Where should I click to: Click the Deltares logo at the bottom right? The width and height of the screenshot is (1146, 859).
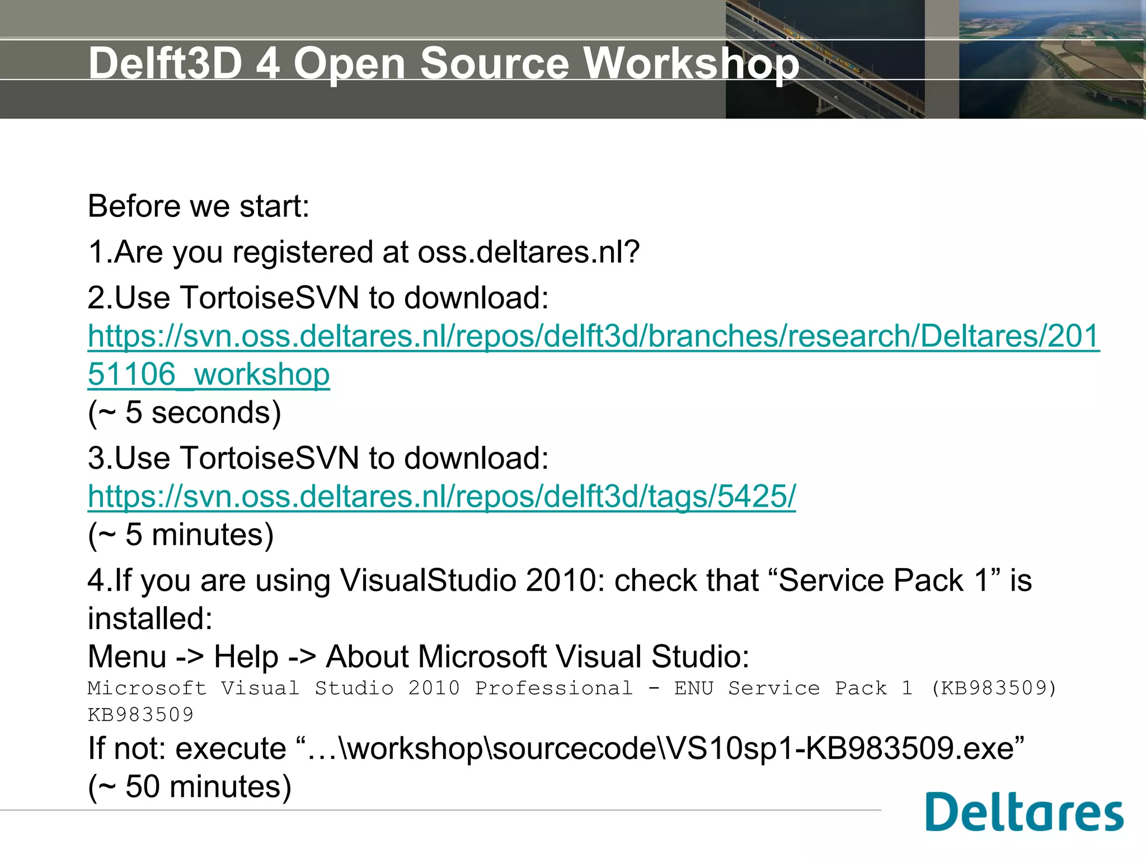pos(1024,813)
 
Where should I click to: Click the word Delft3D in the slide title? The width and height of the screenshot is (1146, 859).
pos(165,63)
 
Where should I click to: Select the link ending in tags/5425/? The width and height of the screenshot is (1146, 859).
pos(442,496)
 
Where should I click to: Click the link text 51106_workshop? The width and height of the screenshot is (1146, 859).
pos(209,374)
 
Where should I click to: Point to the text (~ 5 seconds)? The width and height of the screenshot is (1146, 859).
pos(184,413)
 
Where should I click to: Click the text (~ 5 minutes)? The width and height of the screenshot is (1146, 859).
pos(181,535)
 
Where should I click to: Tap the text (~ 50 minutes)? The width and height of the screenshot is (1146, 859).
pos(190,786)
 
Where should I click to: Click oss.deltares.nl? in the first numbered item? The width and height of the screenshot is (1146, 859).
pos(528,252)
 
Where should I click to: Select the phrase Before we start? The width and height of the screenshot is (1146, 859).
pos(199,206)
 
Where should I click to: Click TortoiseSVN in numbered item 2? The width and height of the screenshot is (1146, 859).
pos(270,298)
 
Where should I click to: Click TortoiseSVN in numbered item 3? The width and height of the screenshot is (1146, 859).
pos(270,458)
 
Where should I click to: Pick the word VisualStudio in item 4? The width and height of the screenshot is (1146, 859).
pos(428,580)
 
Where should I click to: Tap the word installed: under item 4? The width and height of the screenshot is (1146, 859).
pos(150,619)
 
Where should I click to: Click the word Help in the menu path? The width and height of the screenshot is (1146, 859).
pos(246,657)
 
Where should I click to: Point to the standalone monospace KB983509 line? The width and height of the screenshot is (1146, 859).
pos(140,715)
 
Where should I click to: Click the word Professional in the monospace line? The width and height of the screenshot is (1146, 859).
pos(553,688)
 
